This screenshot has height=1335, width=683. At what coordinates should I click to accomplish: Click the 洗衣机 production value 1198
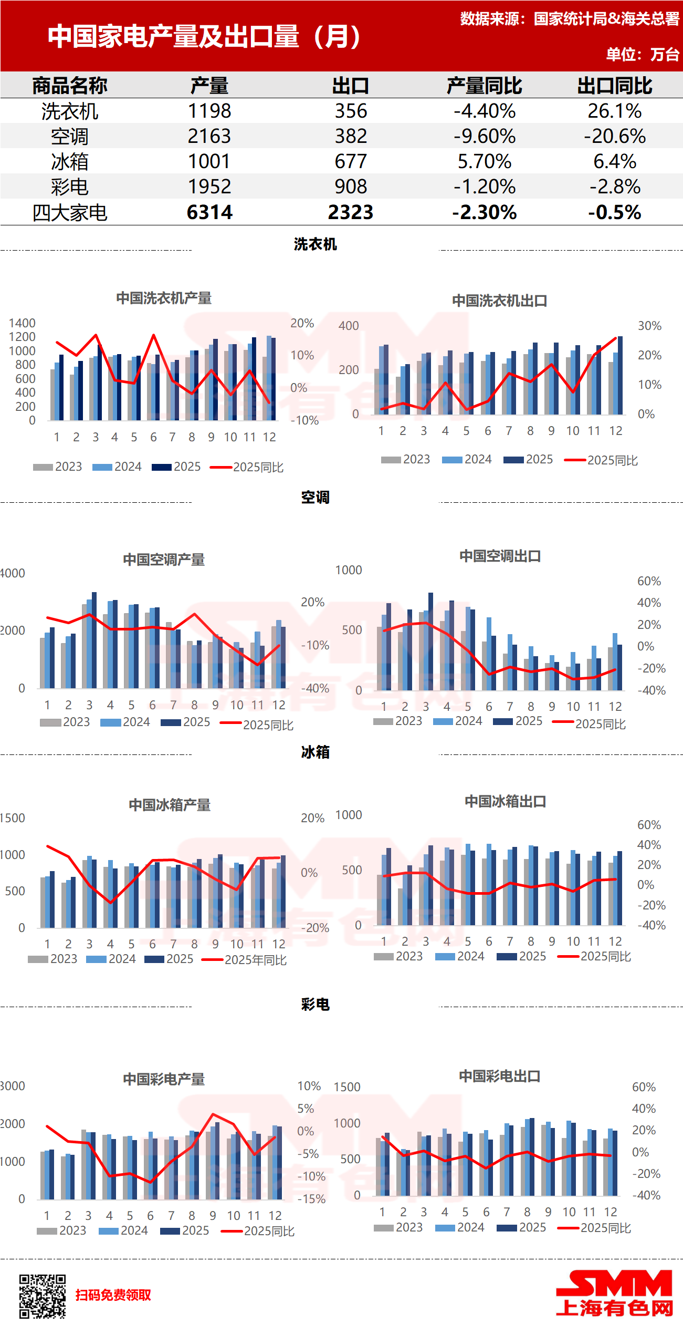pyautogui.click(x=209, y=111)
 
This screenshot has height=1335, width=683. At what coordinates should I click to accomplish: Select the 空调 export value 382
pyautogui.click(x=351, y=136)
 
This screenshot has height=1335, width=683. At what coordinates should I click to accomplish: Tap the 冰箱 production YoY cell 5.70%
pyautogui.click(x=484, y=161)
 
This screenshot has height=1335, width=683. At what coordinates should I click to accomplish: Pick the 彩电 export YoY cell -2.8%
pyautogui.click(x=615, y=187)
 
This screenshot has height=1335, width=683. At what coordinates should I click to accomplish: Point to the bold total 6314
pyautogui.click(x=209, y=212)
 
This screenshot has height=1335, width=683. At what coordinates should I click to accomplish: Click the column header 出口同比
pyautogui.click(x=615, y=86)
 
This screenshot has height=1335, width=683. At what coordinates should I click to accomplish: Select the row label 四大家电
pyautogui.click(x=70, y=213)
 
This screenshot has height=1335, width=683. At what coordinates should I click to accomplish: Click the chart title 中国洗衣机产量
pyautogui.click(x=164, y=298)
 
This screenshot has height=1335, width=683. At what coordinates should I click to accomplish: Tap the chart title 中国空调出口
pyautogui.click(x=500, y=556)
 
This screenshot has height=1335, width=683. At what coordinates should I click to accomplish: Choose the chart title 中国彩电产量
pyautogui.click(x=164, y=1079)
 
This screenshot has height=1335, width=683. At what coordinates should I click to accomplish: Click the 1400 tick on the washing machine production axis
pyautogui.click(x=22, y=323)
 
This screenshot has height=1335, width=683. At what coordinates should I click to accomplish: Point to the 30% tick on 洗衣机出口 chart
pyautogui.click(x=649, y=326)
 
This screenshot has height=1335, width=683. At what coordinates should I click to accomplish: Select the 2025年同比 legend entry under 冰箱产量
pyautogui.click(x=245, y=959)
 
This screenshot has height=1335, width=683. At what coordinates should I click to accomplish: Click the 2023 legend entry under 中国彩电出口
pyautogui.click(x=398, y=1227)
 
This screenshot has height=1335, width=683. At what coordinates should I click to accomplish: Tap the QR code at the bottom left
pyautogui.click(x=43, y=1296)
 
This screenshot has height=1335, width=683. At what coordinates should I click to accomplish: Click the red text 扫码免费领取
pyautogui.click(x=113, y=1295)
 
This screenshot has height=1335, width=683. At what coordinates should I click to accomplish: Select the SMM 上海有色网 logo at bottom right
pyautogui.click(x=614, y=1294)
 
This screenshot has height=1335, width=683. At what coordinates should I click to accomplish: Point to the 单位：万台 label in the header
pyautogui.click(x=643, y=54)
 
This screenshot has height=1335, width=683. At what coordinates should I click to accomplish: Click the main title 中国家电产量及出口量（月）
pyautogui.click(x=204, y=36)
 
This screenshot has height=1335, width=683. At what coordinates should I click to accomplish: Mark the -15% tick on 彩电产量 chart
pyautogui.click(x=311, y=1199)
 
